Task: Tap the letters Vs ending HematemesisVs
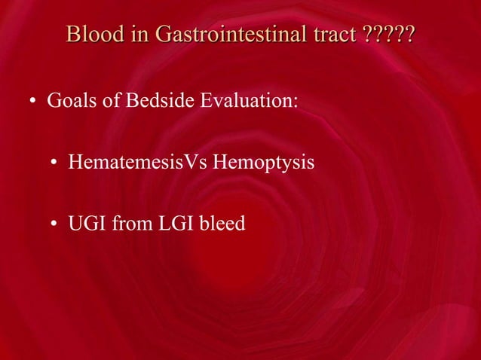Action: point(185,162)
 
